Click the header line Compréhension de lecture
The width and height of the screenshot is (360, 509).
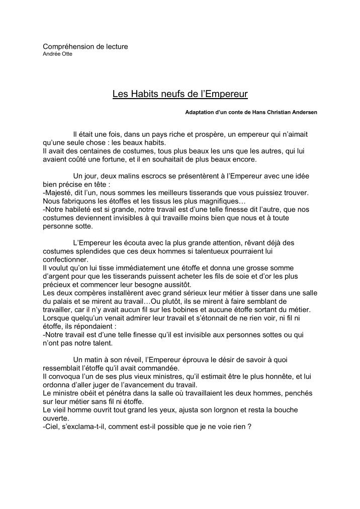85,47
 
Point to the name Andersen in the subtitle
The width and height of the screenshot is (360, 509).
302,112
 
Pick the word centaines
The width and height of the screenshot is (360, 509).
88,151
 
